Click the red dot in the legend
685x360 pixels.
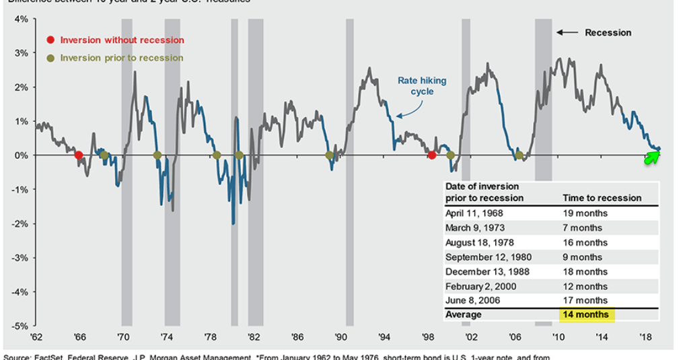click(50, 40)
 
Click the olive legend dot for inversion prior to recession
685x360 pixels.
click(50, 59)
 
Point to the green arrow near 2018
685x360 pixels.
click(651, 157)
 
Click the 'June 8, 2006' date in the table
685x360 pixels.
click(472, 300)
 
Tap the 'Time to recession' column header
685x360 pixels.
click(602, 198)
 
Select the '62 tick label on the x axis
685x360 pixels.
click(35, 337)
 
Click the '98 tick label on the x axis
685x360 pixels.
click(428, 337)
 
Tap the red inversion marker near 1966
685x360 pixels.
click(79, 155)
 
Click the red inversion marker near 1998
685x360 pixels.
click(432, 155)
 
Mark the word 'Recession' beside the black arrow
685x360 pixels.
click(608, 32)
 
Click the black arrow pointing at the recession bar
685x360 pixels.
click(567, 32)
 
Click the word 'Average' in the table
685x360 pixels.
click(464, 314)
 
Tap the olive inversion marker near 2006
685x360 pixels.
click(519, 156)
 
